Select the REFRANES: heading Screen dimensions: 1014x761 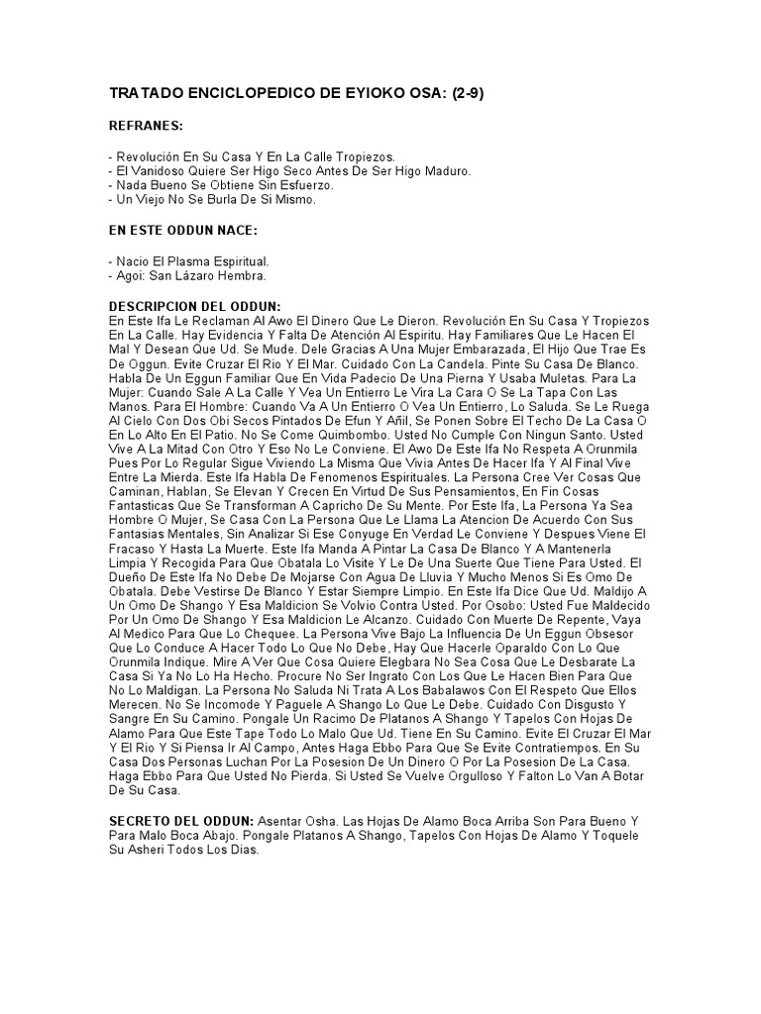point(146,127)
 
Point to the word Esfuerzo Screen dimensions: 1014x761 point(308,185)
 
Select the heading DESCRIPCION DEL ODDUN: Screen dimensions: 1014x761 point(194,307)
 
